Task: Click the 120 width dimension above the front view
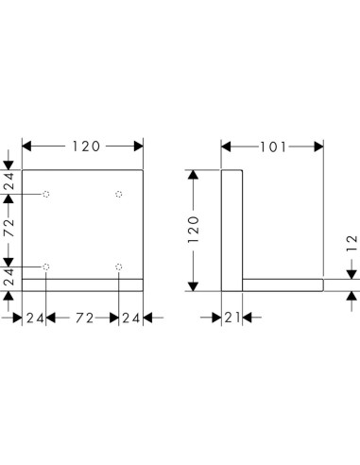tap(82, 146)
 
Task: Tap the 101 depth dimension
tap(273, 146)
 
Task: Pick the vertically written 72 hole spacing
tap(9, 228)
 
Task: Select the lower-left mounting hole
tap(46, 267)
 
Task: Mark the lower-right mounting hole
tap(118, 267)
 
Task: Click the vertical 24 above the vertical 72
tap(9, 182)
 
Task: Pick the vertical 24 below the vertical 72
tap(9, 277)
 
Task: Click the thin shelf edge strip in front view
tap(82, 284)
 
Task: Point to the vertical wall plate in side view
tap(232, 227)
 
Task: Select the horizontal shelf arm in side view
tap(283, 284)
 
